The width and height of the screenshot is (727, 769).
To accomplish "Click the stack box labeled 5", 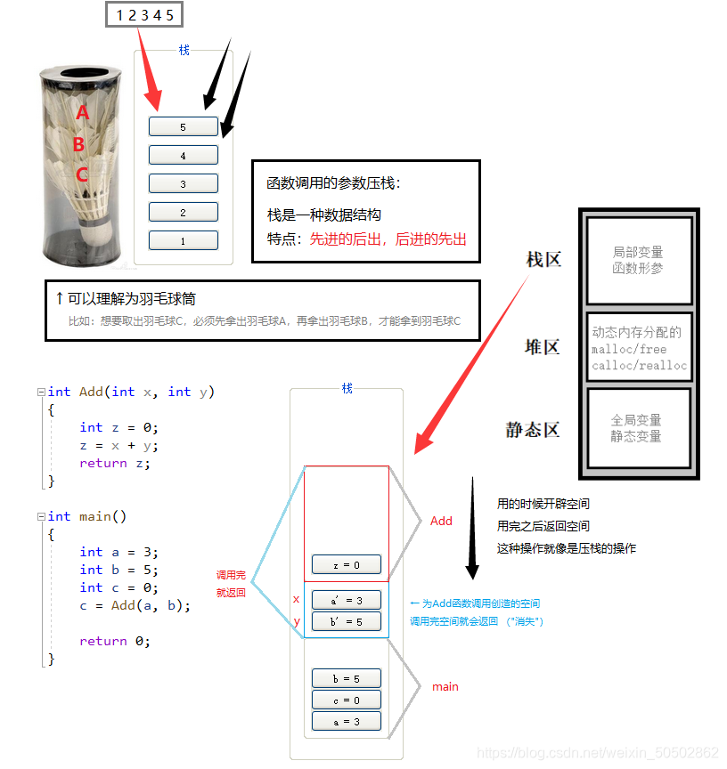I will pos(183,127).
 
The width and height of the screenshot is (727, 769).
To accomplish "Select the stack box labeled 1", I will pos(183,241).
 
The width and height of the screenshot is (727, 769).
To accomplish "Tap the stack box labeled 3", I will pos(183,184).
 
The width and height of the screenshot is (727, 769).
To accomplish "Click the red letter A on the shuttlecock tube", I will pos(83,113).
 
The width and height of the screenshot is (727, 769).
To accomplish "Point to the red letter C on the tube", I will pos(82,175).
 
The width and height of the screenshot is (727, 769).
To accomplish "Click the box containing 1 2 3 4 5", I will pos(144,14).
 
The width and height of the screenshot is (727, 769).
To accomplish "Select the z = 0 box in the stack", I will pos(347,564).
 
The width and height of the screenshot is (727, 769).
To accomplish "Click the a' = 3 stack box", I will pos(347,600).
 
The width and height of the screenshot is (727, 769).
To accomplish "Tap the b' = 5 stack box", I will pos(347,622).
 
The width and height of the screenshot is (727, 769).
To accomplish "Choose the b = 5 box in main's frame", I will pos(347,678).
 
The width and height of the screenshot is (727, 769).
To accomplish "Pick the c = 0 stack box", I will pos(347,700).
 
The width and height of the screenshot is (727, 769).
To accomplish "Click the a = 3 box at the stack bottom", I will pos(347,722).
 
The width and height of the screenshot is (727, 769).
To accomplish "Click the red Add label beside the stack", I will pos(441,521).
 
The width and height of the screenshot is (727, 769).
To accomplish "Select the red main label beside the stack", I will pos(445,686).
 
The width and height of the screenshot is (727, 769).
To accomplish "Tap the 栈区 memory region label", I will pos(543,260).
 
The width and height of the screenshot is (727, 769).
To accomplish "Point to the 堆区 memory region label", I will pos(542,346).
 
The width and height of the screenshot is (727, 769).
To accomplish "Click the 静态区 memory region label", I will pos(533,430).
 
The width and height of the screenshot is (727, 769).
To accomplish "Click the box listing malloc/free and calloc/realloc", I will pos(639,349).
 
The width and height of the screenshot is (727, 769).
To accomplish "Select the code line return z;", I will pos(115,463).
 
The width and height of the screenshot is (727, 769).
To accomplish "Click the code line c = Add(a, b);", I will pos(135,605).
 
